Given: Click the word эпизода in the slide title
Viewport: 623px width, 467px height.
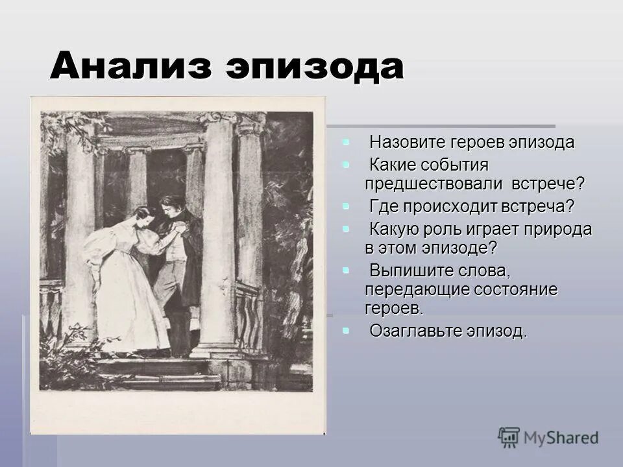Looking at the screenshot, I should click(x=314, y=66).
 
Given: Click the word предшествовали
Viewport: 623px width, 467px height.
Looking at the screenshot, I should click(x=434, y=184).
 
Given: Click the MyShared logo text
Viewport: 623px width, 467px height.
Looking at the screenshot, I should click(x=562, y=438).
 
